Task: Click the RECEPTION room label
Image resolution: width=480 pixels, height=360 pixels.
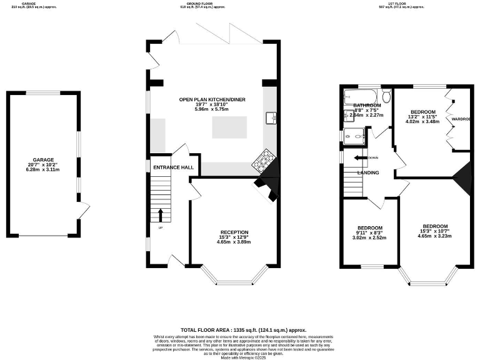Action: tap(234, 232)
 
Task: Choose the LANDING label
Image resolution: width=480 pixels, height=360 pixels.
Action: tap(367, 172)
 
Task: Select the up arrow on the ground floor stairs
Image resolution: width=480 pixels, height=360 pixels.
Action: tap(161, 215)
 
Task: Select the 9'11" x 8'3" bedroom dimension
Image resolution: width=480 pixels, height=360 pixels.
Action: tap(369, 233)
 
